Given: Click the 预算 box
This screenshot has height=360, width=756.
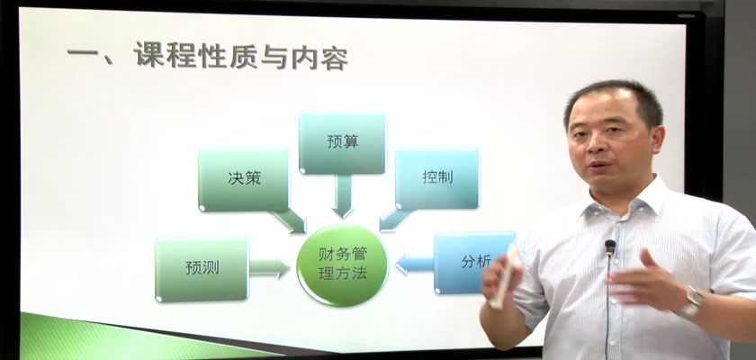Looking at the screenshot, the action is point(342,142).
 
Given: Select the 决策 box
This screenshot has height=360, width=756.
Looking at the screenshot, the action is point(244,179).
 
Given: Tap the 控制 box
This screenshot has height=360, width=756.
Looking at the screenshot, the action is point(437,178).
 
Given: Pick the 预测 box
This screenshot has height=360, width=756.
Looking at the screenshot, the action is point(202,268).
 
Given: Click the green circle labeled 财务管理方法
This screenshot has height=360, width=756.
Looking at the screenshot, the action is point(342,265).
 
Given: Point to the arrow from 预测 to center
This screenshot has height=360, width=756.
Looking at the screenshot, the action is point(269,268).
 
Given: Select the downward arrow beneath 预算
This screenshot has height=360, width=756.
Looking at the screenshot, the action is point(343,196).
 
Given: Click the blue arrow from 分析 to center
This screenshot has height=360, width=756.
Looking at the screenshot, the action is point(415,264).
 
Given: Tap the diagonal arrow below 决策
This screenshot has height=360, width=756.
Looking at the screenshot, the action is point(289,221).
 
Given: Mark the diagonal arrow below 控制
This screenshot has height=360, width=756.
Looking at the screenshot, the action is point(395,220).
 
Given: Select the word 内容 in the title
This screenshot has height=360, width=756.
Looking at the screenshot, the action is point(319,58).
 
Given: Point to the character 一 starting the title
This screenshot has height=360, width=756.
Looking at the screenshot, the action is point(83,52).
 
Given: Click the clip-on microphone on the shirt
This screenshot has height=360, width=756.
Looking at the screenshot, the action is point(610,247).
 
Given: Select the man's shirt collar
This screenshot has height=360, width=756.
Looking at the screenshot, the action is point(626,202).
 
